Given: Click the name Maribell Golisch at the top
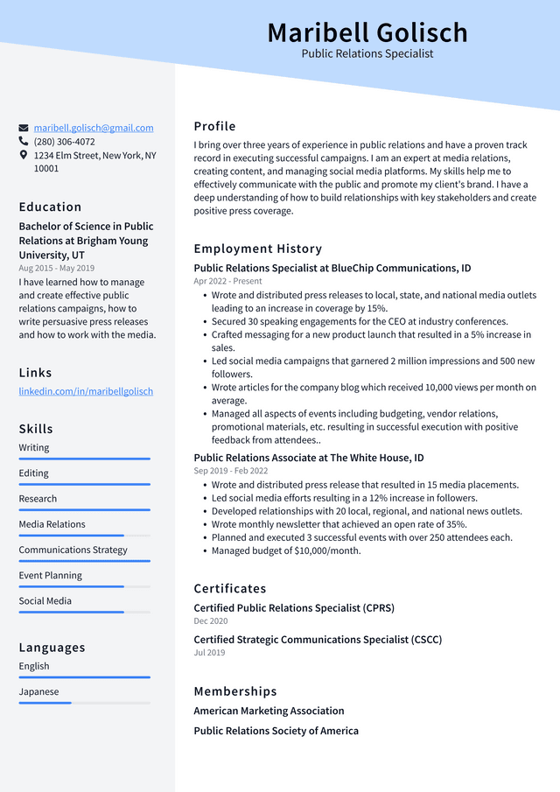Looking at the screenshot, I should pos(367,32).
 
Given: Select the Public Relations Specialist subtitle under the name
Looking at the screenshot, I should pos(367,53).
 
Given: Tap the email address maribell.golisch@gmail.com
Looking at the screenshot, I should pos(94,128).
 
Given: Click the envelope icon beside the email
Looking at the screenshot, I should pos(24,128).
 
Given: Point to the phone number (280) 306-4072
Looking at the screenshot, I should pos(64,141).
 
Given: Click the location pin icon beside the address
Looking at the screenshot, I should pos(24,155).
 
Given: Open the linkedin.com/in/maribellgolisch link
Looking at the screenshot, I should pos(86,391).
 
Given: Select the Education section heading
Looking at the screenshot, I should pos(50,207).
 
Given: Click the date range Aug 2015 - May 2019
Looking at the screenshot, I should pos(56,268).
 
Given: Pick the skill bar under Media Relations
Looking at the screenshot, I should pos(84,535).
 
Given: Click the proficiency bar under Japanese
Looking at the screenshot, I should pos(84,702).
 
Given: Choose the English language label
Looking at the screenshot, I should pos(34,666).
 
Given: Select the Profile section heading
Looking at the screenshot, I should pos(214,126).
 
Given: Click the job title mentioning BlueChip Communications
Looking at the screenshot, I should pos(332,268).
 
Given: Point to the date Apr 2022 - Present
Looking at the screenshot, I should pos(227,282).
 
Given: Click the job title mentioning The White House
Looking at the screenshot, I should pos(308,458).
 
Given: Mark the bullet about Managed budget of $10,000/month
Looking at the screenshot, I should pos(285,550).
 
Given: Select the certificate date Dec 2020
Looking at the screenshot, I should pos(211,620).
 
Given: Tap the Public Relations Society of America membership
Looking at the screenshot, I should pos(276,731).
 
